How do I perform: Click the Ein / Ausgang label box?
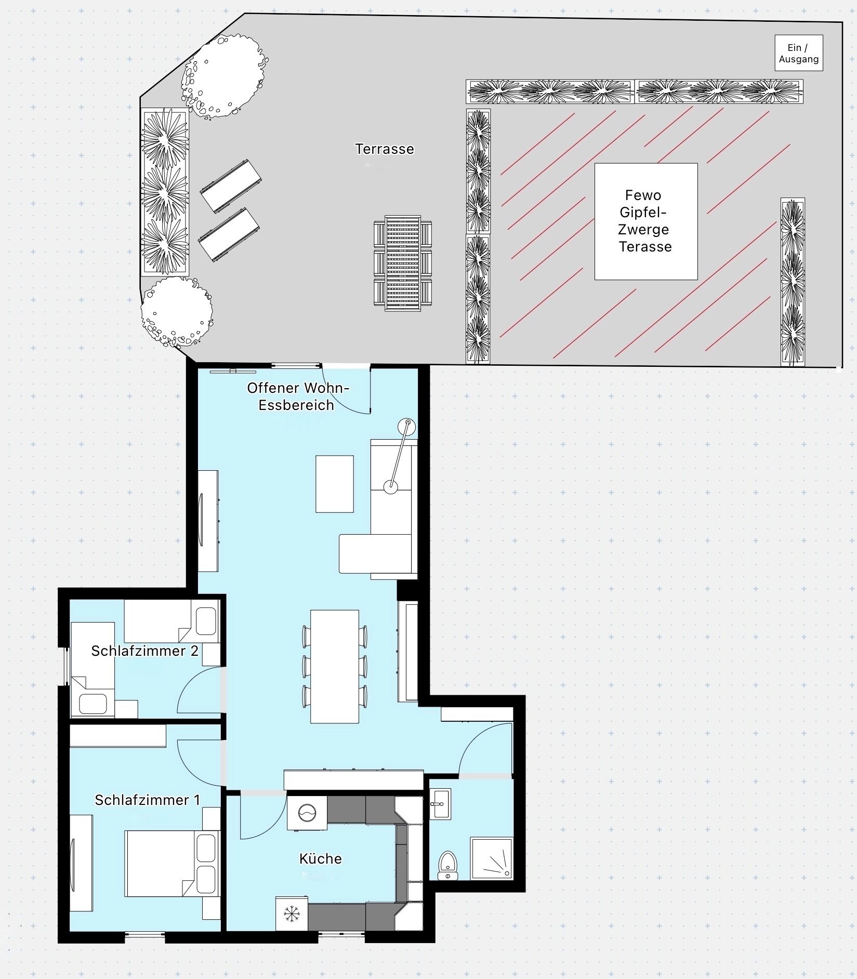[799, 53]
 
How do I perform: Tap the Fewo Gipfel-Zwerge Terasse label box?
[645, 221]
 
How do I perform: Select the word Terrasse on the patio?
[385, 149]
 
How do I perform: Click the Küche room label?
[321, 858]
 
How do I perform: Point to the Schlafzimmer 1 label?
[147, 800]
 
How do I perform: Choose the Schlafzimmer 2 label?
[144, 651]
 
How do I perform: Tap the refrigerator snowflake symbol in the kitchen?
[292, 914]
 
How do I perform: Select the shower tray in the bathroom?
[491, 858]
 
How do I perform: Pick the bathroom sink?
[440, 804]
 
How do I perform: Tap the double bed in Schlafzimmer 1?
[172, 863]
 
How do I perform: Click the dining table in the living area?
[335, 666]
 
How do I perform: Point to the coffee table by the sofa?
[335, 484]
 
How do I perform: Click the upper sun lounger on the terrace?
[231, 186]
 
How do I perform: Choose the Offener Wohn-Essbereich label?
[297, 396]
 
